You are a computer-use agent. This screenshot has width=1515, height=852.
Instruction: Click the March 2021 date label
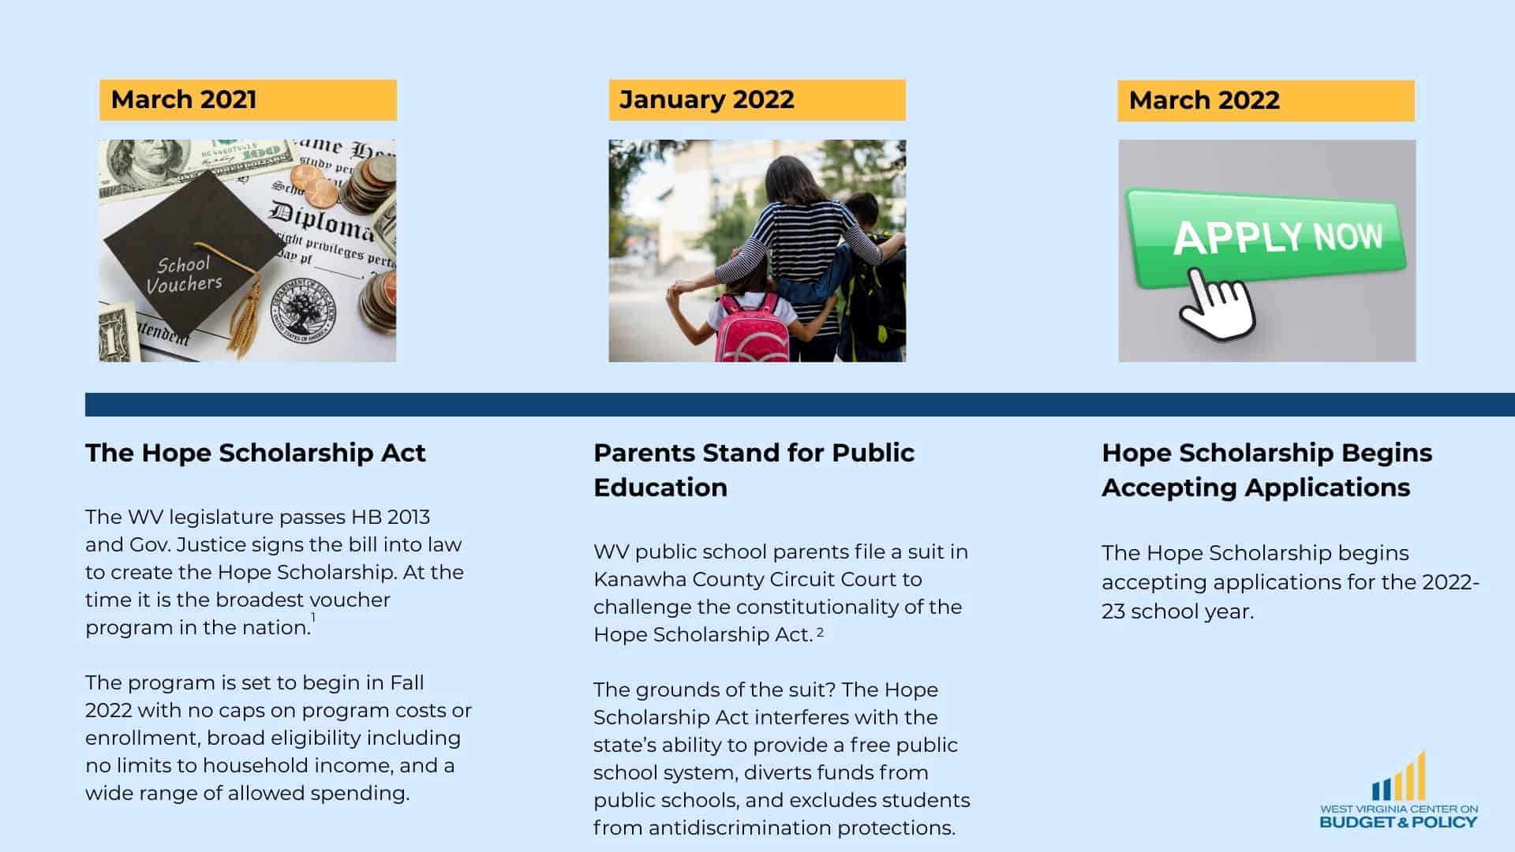(x=184, y=99)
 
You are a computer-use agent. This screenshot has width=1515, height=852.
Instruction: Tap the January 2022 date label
(x=706, y=99)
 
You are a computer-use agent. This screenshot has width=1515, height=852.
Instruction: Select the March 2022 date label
(x=1204, y=100)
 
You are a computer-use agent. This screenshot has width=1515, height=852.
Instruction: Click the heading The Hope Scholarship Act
(x=256, y=453)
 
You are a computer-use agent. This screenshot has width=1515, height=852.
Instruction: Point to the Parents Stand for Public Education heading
(x=754, y=469)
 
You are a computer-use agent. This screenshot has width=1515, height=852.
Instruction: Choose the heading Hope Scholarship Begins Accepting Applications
(x=1266, y=469)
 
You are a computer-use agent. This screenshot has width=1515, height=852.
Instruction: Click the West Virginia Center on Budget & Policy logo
(x=1398, y=793)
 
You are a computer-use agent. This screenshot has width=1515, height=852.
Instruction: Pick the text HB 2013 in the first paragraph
(x=391, y=518)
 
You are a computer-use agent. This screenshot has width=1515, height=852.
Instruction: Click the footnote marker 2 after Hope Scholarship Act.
(x=821, y=632)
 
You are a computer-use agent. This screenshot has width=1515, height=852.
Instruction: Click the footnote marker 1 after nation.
(x=313, y=618)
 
